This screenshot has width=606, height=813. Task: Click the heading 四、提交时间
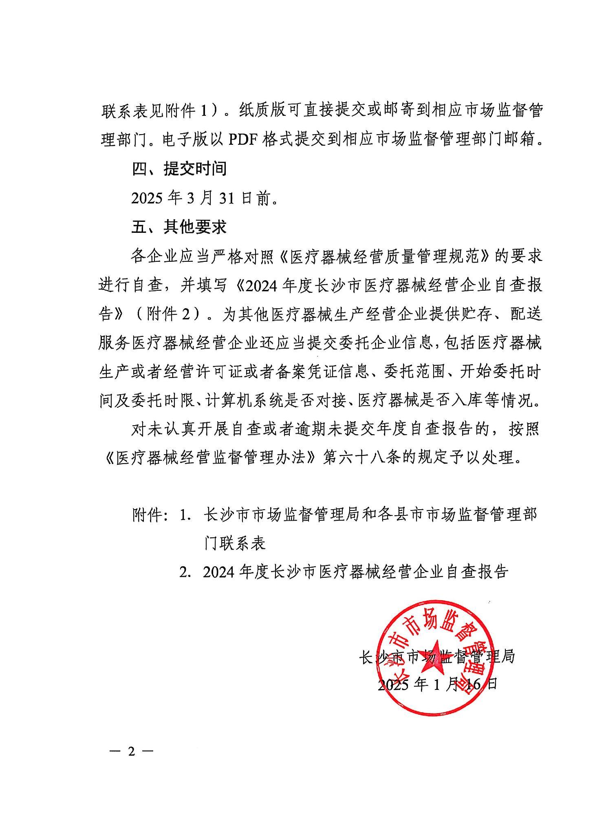coord(179,168)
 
